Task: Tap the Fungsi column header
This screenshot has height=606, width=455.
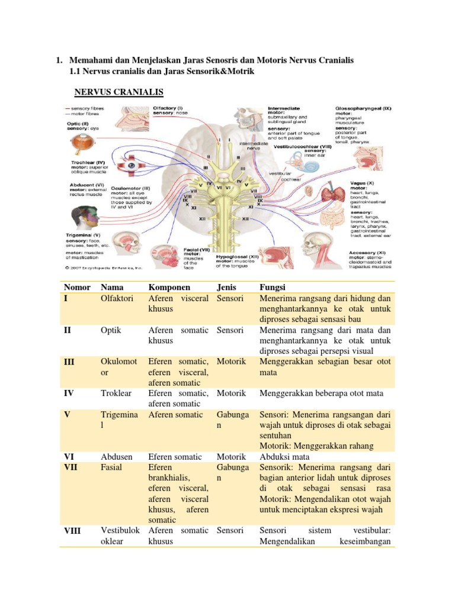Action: pyautogui.click(x=273, y=287)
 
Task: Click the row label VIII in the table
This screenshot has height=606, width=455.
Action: pyautogui.click(x=72, y=531)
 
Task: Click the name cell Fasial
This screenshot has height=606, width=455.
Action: pyautogui.click(x=112, y=468)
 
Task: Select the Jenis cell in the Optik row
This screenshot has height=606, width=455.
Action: pyautogui.click(x=230, y=330)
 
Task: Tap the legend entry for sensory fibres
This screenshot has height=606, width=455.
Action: pyautogui.click(x=86, y=109)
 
